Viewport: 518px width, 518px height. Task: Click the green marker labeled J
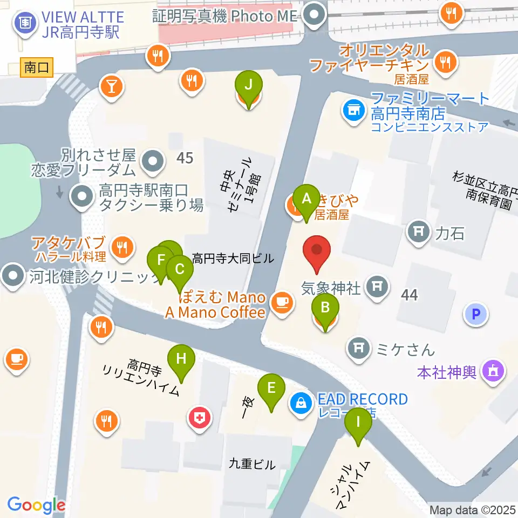pyautogui.click(x=249, y=86)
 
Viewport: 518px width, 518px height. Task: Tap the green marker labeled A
pyautogui.click(x=306, y=199)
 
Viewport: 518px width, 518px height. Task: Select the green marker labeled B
pyautogui.click(x=325, y=309)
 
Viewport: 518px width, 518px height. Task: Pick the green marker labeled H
pyautogui.click(x=181, y=359)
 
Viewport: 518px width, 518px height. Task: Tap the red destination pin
pyautogui.click(x=317, y=251)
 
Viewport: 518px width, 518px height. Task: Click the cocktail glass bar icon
pyautogui.click(x=112, y=86)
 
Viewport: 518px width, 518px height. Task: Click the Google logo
pyautogui.click(x=36, y=506)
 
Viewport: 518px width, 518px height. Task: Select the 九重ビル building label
pyautogui.click(x=251, y=463)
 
